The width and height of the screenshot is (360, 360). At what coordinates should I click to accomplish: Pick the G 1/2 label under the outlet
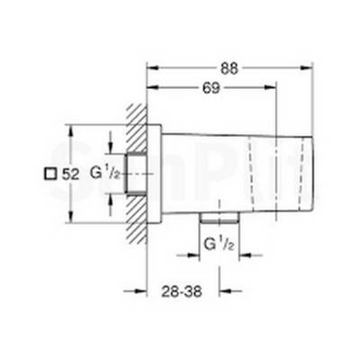[220, 244]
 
